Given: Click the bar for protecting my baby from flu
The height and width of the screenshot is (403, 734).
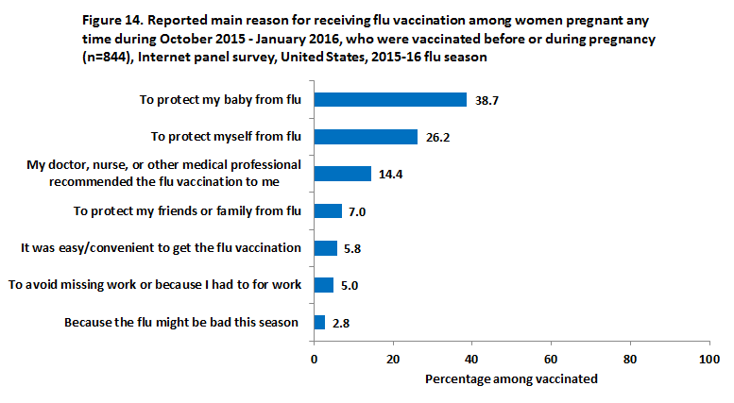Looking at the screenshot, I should (390, 100).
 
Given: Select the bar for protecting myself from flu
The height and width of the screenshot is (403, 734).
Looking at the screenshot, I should (366, 137).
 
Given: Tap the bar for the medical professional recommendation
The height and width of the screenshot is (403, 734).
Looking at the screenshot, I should (342, 174).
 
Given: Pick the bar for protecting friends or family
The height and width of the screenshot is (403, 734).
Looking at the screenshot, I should (328, 210).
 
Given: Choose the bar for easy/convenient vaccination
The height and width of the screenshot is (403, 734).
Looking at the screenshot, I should (325, 248).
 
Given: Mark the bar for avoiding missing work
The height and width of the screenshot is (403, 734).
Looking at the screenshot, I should (324, 285).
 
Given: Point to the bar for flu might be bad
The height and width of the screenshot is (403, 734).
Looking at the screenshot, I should (319, 322).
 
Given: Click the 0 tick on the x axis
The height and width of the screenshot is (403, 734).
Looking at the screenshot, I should (315, 359).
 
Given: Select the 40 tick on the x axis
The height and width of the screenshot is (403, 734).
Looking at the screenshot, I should (471, 359).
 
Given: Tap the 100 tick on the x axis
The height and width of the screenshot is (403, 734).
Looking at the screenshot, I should (708, 359).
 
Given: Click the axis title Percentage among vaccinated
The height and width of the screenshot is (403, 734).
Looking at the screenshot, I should (511, 379).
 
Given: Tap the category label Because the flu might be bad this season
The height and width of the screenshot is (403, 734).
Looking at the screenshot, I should (181, 323).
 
